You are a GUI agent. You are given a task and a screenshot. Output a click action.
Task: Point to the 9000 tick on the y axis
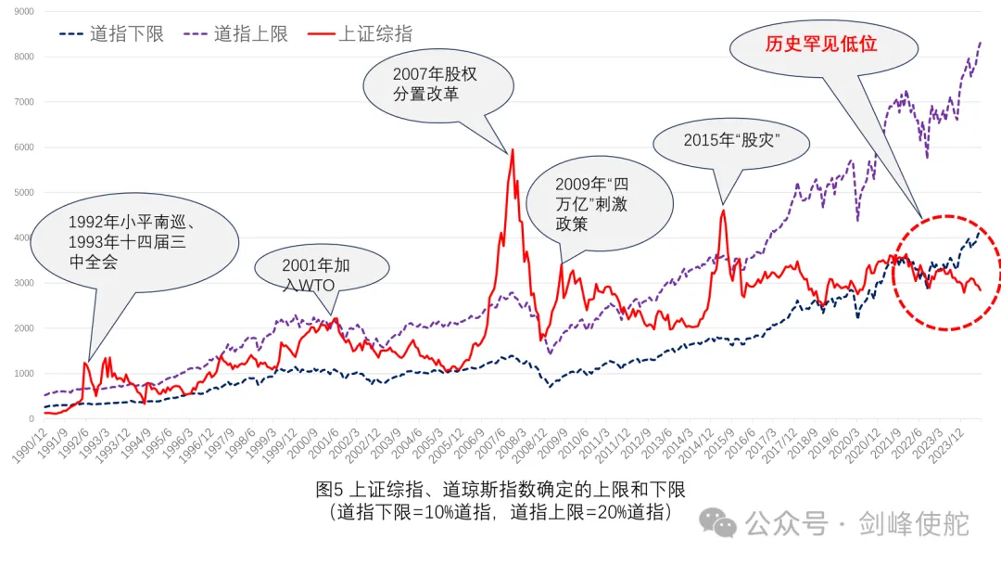click(x=21, y=11)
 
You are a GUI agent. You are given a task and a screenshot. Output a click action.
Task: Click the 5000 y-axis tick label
click(x=21, y=193)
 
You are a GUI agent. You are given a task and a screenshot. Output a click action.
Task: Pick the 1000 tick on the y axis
click(x=21, y=374)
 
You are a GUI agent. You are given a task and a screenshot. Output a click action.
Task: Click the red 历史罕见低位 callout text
click(x=820, y=45)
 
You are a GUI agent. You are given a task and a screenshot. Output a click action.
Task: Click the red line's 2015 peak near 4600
click(x=723, y=211)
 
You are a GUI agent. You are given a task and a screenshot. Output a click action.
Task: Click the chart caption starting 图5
click(x=500, y=499)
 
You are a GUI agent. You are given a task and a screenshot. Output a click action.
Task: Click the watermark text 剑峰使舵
click(x=913, y=523)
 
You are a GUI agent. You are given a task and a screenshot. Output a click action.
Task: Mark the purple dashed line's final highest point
click(x=981, y=43)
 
